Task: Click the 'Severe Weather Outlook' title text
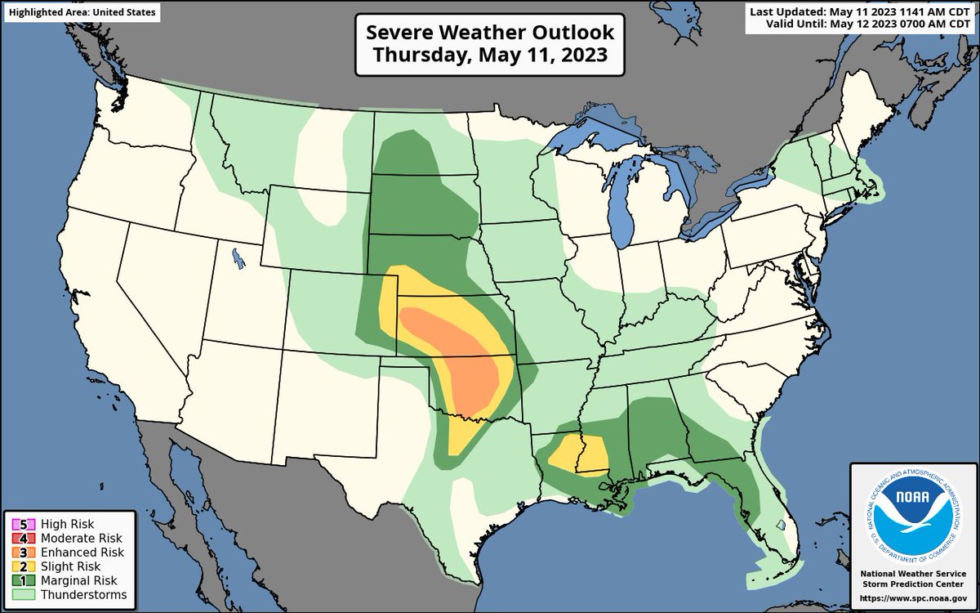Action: coord(489,33)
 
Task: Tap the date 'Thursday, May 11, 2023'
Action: coord(489,56)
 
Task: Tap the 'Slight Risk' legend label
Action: coord(77,566)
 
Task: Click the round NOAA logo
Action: coord(914,513)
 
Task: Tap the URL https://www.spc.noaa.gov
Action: coord(914,599)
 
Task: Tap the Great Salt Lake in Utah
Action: coord(237,259)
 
